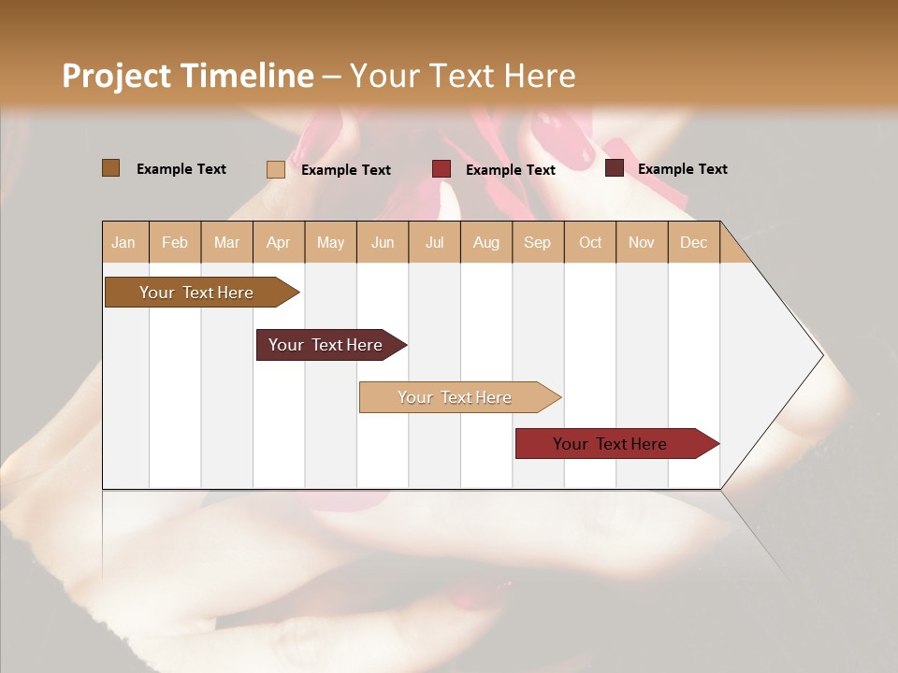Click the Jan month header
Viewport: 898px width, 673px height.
[124, 242]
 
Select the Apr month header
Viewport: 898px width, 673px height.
[278, 242]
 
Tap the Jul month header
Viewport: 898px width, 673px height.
[434, 242]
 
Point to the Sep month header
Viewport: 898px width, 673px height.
[537, 242]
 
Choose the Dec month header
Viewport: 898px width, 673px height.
[693, 242]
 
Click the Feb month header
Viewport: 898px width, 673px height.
[175, 242]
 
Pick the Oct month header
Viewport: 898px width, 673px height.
[590, 242]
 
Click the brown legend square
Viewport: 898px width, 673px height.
[111, 168]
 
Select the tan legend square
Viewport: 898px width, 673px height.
[276, 169]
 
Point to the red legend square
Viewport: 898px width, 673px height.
[442, 169]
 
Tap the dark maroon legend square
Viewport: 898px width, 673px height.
[615, 168]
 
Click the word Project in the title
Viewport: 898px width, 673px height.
[117, 76]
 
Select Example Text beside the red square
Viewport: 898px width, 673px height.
[510, 169]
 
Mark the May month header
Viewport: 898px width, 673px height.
[330, 242]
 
